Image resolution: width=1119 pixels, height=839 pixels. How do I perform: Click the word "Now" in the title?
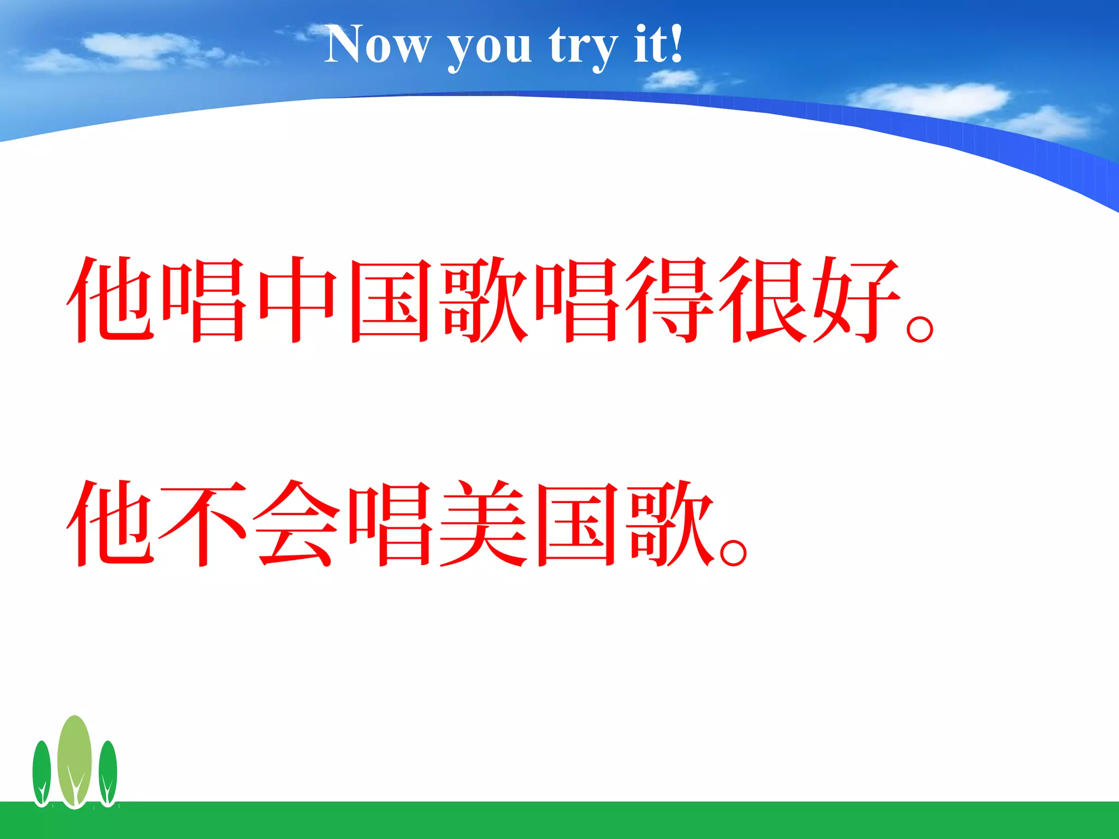pos(377,45)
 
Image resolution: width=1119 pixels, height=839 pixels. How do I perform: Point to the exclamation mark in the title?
pos(676,44)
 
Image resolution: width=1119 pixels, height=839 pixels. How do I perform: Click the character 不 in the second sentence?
pos(203,523)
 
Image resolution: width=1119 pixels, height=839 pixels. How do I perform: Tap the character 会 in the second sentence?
pos(297,523)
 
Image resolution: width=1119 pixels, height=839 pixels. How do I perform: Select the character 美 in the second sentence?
pos(483,523)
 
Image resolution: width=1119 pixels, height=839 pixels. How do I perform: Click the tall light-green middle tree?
pos(75,759)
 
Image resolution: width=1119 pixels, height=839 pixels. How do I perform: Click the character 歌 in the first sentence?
pos(483,299)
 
